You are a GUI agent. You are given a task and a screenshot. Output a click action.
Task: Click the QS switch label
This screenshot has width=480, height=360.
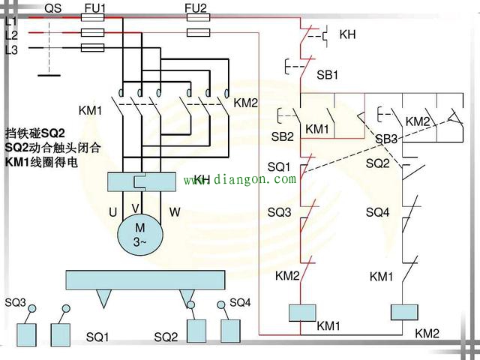tap(53, 7)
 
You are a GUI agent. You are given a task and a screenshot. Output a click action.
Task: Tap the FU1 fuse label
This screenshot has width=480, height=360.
tap(95, 7)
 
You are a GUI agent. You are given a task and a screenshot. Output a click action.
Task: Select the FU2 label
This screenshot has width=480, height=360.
tap(196, 7)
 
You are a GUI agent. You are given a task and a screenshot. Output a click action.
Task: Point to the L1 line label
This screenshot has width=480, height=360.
tap(11, 22)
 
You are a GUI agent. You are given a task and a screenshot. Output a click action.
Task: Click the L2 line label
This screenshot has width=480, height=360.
tap(11, 35)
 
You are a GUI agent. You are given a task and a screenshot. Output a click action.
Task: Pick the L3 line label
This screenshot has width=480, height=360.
tap(11, 50)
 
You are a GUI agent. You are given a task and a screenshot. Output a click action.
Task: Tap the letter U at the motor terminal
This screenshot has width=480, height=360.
tap(112, 213)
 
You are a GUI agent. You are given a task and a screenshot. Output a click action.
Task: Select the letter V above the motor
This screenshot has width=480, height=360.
tap(136, 208)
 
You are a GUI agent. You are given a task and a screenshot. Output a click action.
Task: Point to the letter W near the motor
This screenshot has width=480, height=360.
tap(174, 212)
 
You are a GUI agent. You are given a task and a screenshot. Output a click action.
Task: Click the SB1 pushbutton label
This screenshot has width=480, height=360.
tap(328, 76)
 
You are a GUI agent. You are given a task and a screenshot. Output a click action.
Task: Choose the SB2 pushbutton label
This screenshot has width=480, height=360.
tap(282, 136)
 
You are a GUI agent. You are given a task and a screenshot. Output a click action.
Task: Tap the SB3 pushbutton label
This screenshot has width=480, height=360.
tap(386, 139)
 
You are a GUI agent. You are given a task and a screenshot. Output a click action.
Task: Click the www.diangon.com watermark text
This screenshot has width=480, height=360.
tap(240, 180)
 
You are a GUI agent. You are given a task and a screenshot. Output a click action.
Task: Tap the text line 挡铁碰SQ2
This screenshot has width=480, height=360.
tap(35, 133)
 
